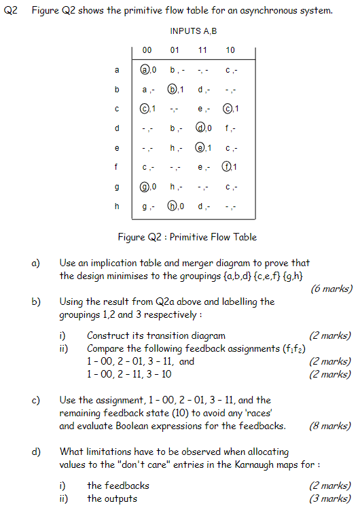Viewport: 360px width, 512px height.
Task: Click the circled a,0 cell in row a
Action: (148, 70)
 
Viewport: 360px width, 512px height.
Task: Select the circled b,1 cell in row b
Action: (176, 90)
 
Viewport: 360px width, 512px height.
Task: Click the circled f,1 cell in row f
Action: (231, 167)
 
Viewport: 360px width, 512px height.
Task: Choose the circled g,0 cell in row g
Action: (148, 187)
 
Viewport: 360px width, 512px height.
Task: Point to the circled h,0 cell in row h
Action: (176, 206)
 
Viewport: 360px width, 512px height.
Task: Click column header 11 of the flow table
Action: (202, 50)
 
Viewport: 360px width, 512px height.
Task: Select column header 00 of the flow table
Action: (147, 50)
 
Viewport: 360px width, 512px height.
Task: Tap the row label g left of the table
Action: (116, 187)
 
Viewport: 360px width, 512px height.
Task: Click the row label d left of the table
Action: (116, 128)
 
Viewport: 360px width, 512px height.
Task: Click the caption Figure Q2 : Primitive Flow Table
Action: (187, 237)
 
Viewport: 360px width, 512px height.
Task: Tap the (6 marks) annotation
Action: (331, 289)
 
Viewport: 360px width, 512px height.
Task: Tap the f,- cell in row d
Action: (231, 128)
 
